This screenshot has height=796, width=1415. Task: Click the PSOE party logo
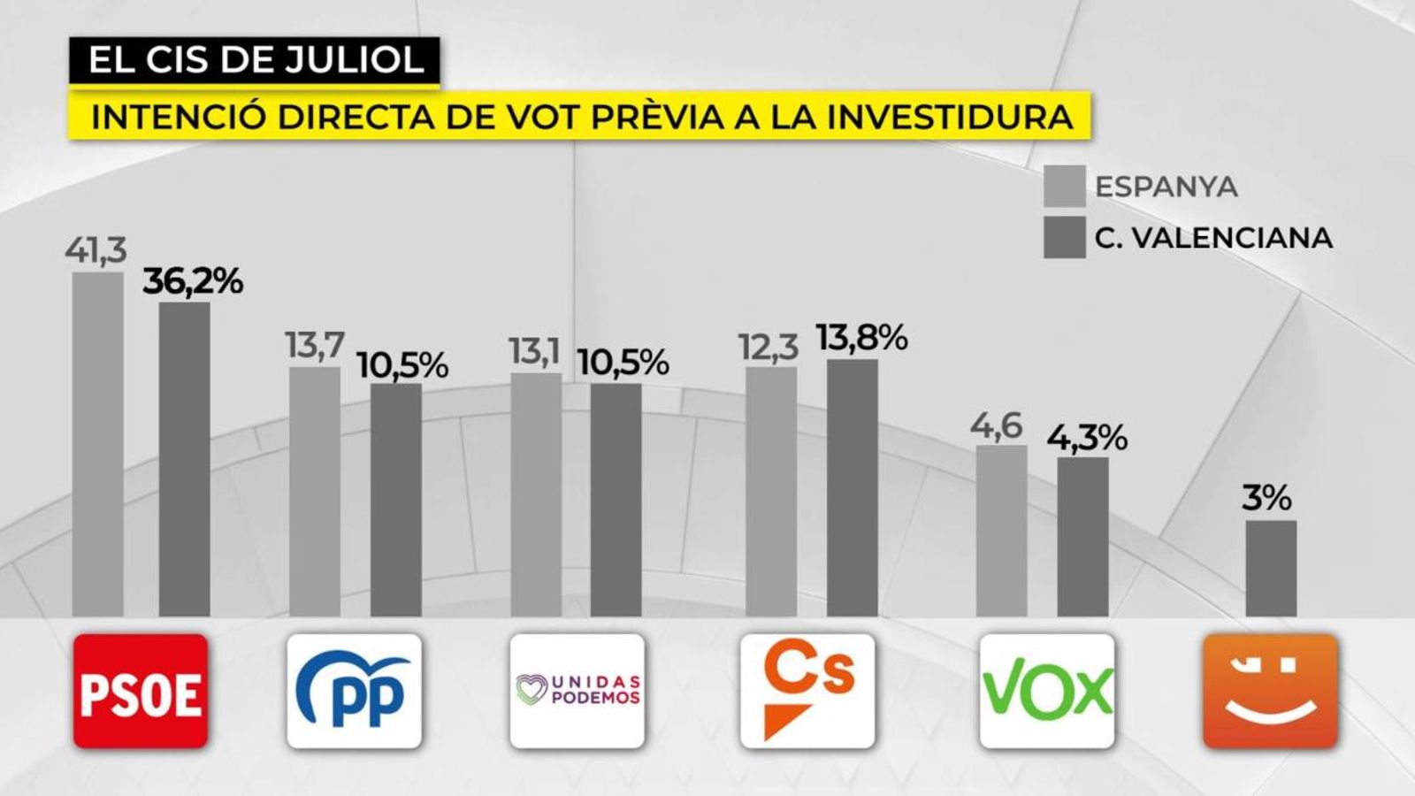(141, 691)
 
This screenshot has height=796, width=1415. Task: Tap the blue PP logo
(355, 691)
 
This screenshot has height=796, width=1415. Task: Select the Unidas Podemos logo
(577, 691)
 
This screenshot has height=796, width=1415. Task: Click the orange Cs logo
(807, 691)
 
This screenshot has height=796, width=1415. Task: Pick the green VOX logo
(1047, 691)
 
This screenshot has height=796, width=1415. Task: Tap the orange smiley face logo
(1270, 691)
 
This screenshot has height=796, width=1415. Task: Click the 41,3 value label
(96, 250)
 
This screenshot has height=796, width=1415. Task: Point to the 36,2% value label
(193, 281)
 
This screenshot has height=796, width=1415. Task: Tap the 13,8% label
(861, 338)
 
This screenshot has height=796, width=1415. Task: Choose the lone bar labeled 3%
(1271, 569)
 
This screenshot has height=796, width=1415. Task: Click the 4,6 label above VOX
(996, 425)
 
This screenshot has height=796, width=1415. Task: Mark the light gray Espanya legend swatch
(1064, 186)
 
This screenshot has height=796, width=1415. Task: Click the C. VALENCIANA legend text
(1213, 238)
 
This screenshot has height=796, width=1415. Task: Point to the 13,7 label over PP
(315, 345)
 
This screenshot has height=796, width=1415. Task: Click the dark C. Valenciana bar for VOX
(1082, 537)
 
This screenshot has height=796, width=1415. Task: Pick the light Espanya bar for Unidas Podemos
(536, 495)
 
